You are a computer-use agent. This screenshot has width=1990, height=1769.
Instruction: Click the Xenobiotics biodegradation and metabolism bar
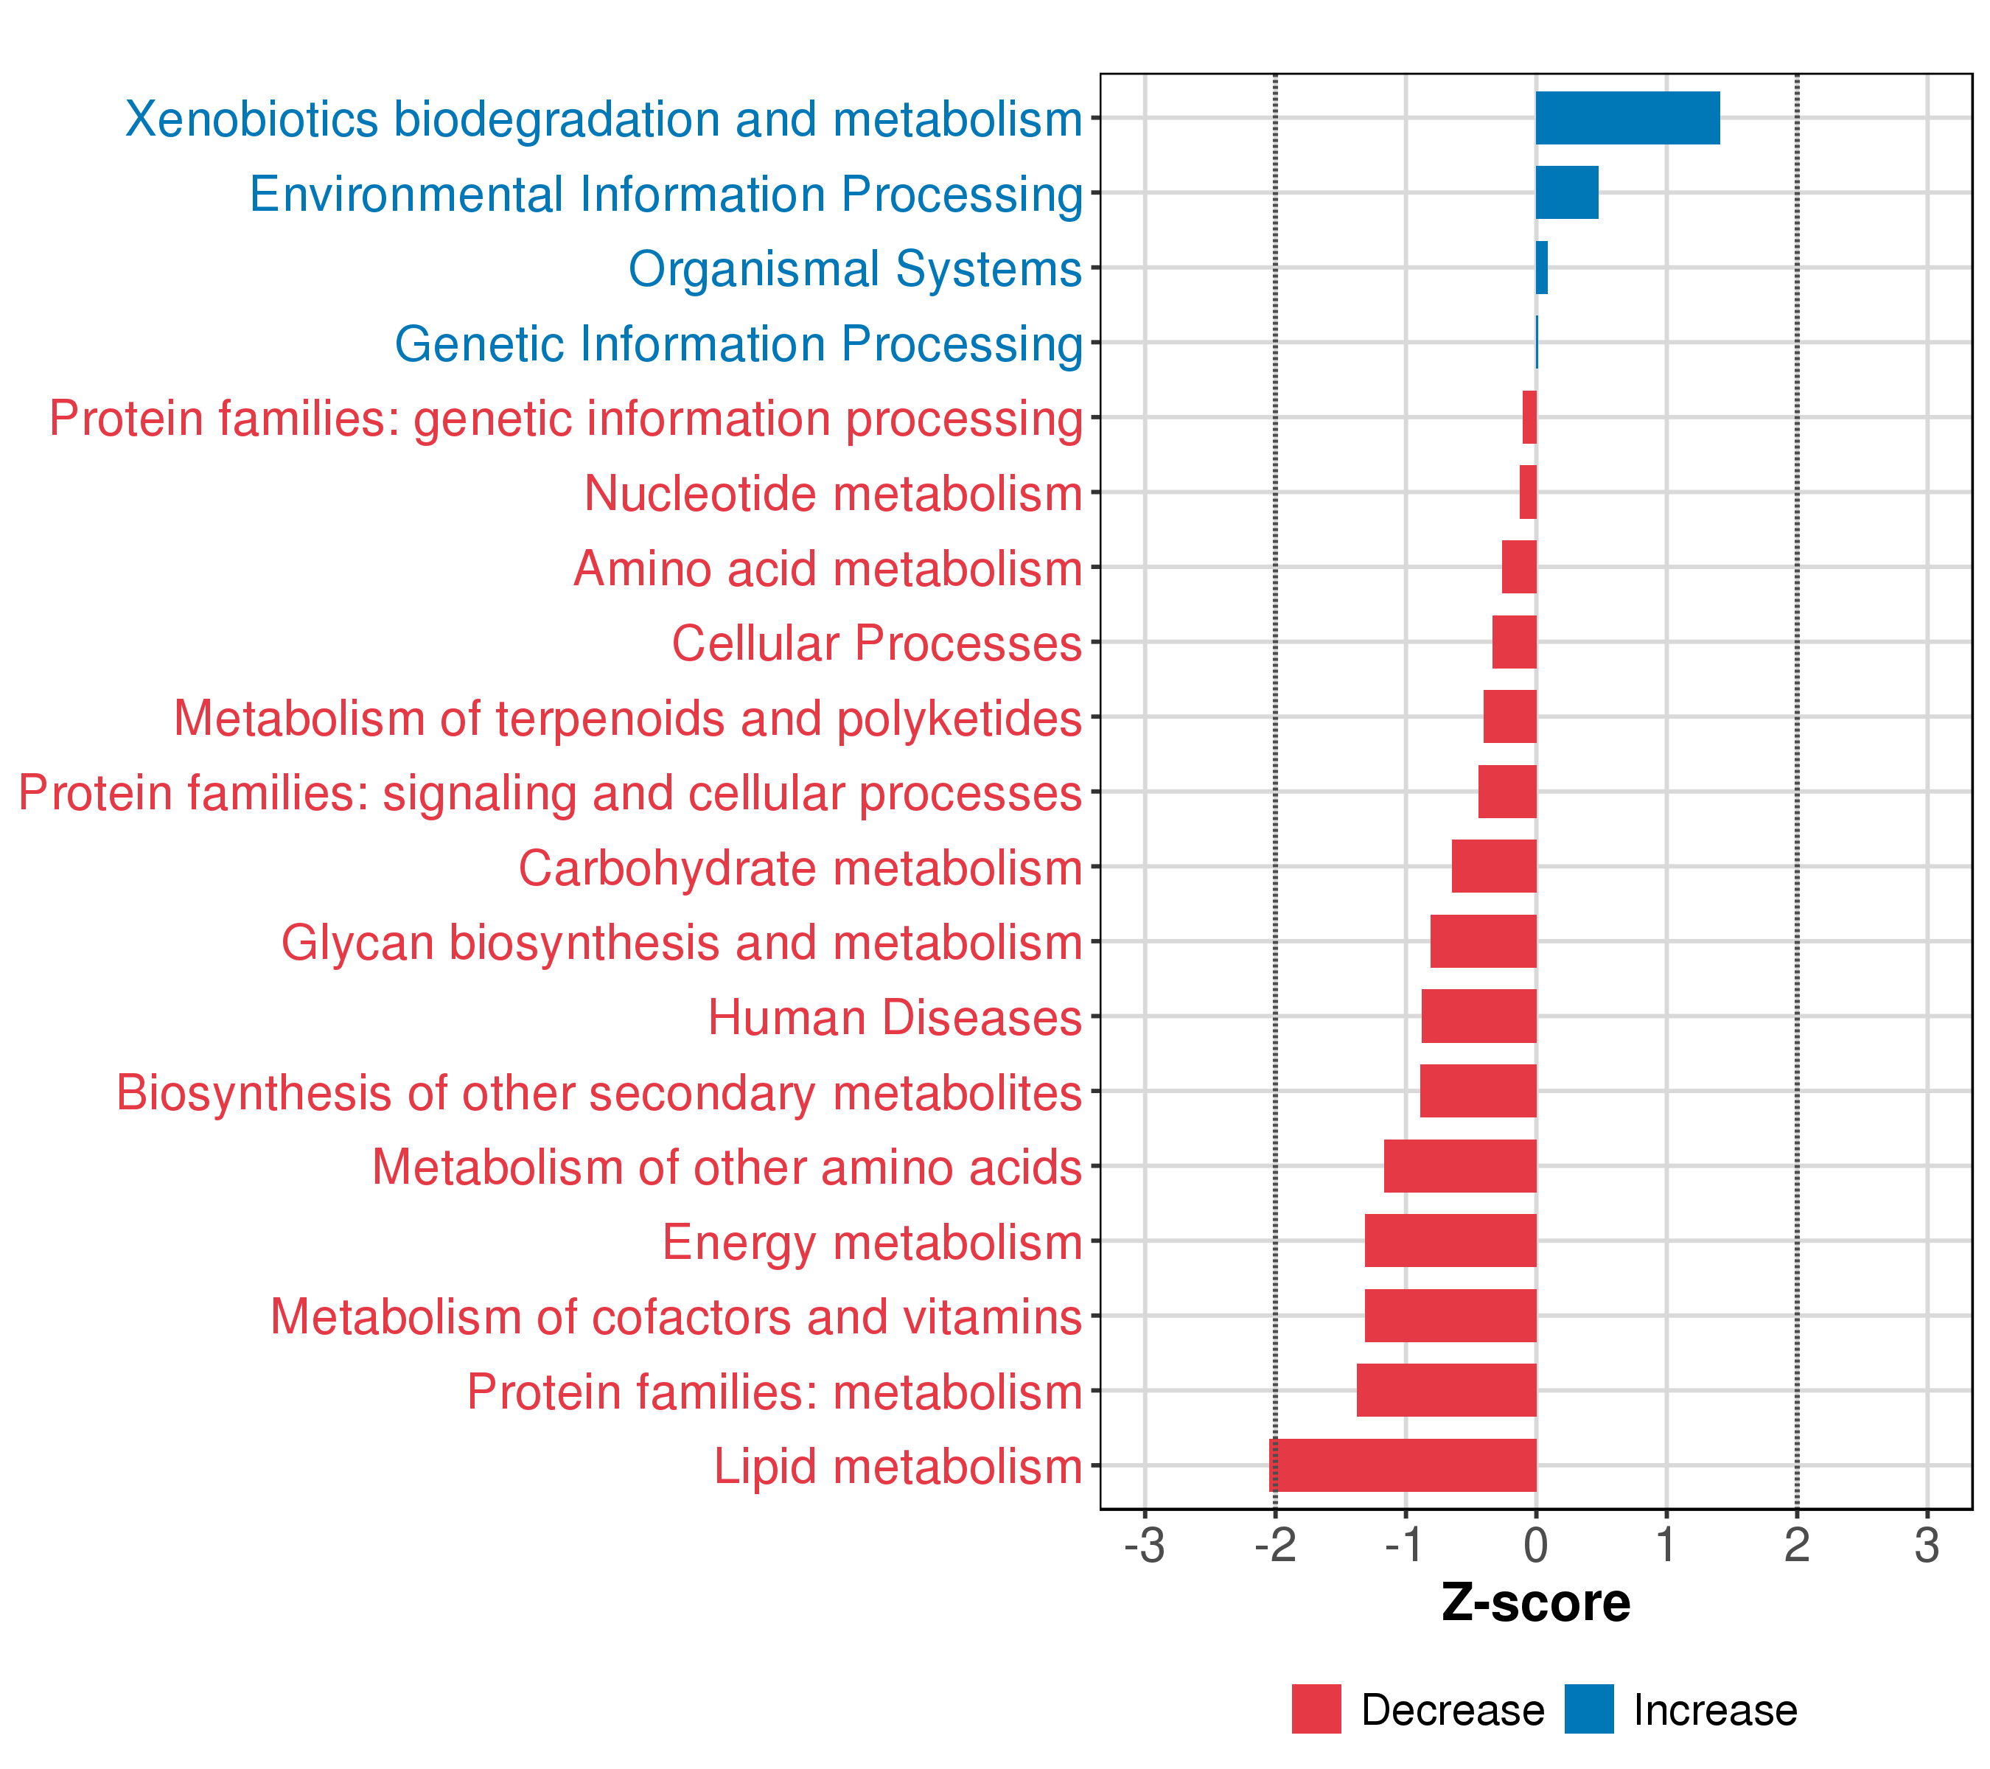point(1628,118)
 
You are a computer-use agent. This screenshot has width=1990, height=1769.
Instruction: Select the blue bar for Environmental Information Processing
point(1566,193)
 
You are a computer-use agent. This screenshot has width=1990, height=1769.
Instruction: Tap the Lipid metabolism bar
point(1403,1465)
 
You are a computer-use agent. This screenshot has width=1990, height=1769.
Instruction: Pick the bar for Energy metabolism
point(1450,1241)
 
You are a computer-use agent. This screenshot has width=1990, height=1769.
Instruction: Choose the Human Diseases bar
point(1479,1016)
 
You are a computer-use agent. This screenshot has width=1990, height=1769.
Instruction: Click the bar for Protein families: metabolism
point(1447,1390)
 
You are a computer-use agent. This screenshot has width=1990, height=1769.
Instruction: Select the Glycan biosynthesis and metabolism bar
point(1483,941)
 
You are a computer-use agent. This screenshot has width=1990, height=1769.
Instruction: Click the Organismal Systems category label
point(855,269)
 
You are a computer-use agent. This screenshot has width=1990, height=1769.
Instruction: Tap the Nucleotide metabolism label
point(834,494)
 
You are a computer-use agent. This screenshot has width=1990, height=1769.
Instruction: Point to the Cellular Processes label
point(876,643)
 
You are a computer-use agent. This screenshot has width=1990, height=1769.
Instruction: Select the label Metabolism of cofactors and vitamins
point(676,1317)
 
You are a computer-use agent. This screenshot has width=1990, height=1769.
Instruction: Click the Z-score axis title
point(1535,1603)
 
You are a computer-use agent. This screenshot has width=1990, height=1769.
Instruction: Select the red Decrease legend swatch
point(1316,1709)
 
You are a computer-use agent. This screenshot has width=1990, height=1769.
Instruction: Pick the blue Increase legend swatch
point(1589,1709)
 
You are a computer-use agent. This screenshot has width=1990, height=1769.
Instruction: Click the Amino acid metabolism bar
point(1519,568)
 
